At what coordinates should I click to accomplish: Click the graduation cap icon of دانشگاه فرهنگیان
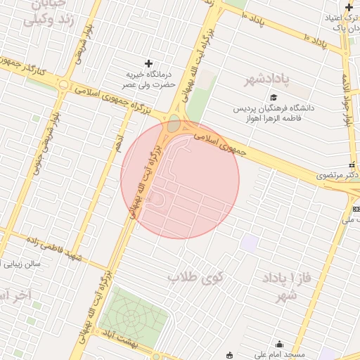tap(274, 98)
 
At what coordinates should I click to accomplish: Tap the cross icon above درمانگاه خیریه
tap(148, 63)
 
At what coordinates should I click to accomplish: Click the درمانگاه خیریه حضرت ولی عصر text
tap(148, 78)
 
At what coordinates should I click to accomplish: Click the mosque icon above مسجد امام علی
tap(280, 344)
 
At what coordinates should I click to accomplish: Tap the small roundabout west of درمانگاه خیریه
tap(64, 86)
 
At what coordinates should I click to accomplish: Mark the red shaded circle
tap(180, 179)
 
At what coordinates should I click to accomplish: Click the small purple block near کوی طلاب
tap(249, 243)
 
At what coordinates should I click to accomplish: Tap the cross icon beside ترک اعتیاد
tap(349, 7)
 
